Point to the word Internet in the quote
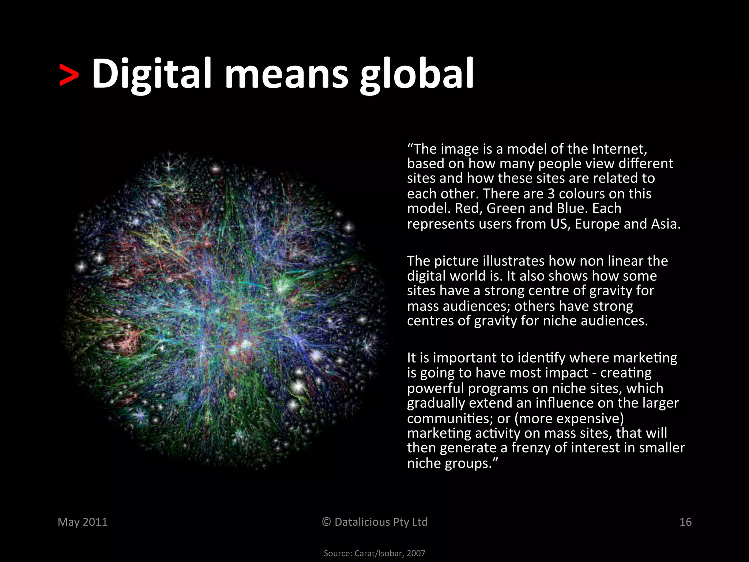619,149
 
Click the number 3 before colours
551,194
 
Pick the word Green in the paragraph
506,209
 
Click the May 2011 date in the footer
83,522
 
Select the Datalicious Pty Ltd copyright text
374,522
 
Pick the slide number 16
685,522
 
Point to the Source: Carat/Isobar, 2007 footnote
374,553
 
